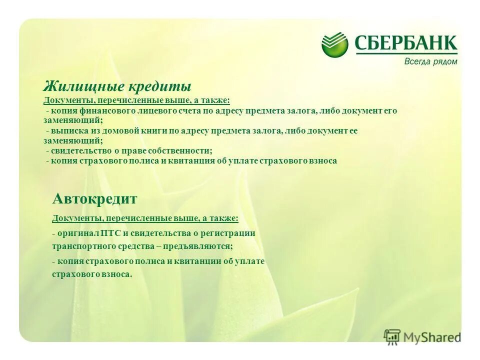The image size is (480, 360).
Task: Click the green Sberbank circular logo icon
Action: coord(334,44)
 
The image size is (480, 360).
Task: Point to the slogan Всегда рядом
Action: coord(430,61)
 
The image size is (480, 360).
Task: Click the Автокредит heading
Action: coord(94,199)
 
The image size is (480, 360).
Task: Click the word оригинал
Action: coord(78,233)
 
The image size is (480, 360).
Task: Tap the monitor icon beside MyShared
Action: coord(392,336)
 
